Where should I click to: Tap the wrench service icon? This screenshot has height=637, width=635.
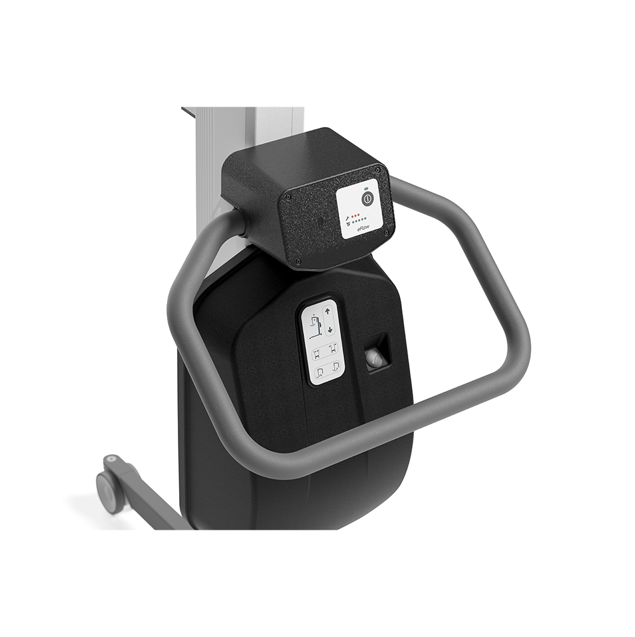point(347,218)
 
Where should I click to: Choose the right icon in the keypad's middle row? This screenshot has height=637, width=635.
point(332,349)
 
